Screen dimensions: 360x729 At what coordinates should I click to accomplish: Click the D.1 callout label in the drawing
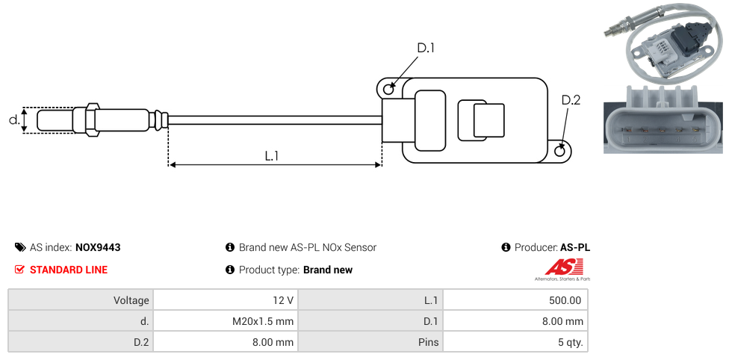(x=425, y=48)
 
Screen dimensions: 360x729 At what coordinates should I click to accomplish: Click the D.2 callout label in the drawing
(x=570, y=100)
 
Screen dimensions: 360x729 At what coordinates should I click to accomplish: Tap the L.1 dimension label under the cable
(x=272, y=155)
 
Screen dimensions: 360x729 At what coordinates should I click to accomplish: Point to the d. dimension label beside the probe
(x=13, y=120)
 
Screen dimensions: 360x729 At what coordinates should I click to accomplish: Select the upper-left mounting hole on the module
(x=388, y=90)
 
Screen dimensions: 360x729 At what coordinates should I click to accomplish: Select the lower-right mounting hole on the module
(x=561, y=152)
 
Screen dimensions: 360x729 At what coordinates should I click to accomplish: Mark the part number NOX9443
(x=98, y=247)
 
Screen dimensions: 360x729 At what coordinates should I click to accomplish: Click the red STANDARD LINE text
(x=68, y=270)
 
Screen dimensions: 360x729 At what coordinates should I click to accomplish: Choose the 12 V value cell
(x=225, y=300)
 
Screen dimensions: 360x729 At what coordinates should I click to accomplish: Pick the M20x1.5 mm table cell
(x=225, y=321)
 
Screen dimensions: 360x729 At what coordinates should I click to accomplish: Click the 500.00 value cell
(x=515, y=300)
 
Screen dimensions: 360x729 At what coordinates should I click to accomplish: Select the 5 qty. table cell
(x=515, y=342)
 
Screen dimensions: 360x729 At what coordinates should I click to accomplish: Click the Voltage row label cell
(x=80, y=300)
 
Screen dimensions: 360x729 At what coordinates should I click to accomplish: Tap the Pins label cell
(x=370, y=342)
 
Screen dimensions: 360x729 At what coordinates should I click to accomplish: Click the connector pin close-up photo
(x=663, y=120)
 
